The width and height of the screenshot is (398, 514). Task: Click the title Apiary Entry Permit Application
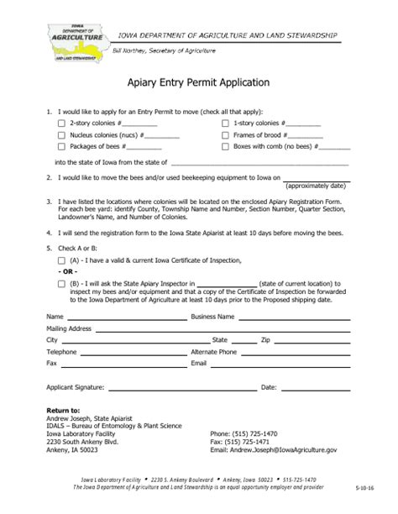click(x=198, y=83)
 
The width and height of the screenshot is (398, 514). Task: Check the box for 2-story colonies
click(x=60, y=123)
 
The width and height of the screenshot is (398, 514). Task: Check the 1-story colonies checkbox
click(x=226, y=123)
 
